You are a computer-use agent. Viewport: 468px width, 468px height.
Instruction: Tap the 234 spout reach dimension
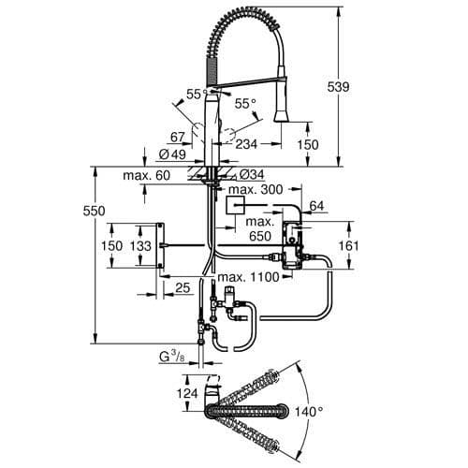coord(246,144)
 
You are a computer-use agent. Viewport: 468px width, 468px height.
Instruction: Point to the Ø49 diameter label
coord(170,155)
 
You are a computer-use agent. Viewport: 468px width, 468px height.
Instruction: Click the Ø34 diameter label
coord(250,174)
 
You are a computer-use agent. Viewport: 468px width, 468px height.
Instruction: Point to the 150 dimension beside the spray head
coord(308,145)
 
